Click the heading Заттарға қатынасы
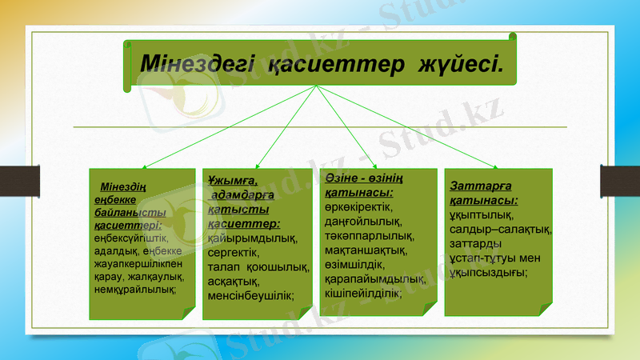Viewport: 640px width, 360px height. pyautogui.click(x=484, y=193)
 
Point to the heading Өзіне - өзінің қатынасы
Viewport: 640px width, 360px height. pyautogui.click(x=364, y=183)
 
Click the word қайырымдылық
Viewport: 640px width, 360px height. pyautogui.click(x=252, y=238)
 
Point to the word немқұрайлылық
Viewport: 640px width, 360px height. pyautogui.click(x=134, y=288)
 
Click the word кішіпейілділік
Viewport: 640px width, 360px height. pyautogui.click(x=363, y=293)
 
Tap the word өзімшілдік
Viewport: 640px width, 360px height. pyautogui.click(x=355, y=264)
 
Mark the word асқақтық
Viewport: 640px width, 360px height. pyautogui.click(x=233, y=281)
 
